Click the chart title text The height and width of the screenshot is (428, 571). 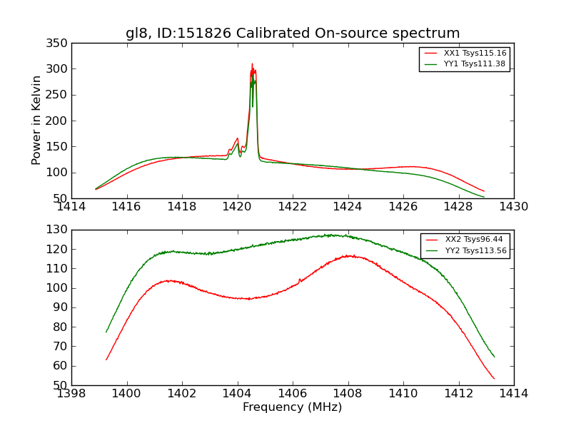[x=293, y=34]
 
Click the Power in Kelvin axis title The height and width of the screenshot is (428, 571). [x=36, y=120]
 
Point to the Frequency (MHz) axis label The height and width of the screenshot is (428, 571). [x=292, y=407]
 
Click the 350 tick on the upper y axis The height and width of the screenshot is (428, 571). [x=59, y=44]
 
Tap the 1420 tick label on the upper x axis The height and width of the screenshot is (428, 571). [x=237, y=207]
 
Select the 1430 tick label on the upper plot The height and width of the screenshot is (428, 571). [x=513, y=207]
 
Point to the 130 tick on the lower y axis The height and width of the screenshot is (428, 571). [x=59, y=230]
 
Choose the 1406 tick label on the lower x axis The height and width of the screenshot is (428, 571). [x=292, y=394]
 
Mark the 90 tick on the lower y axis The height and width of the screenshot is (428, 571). [x=62, y=307]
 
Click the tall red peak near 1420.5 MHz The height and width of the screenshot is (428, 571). [x=252, y=64]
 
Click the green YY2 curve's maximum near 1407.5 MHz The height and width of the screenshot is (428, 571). [x=330, y=235]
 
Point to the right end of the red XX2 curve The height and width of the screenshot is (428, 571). [x=494, y=379]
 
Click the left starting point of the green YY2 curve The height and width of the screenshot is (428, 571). [x=106, y=332]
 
